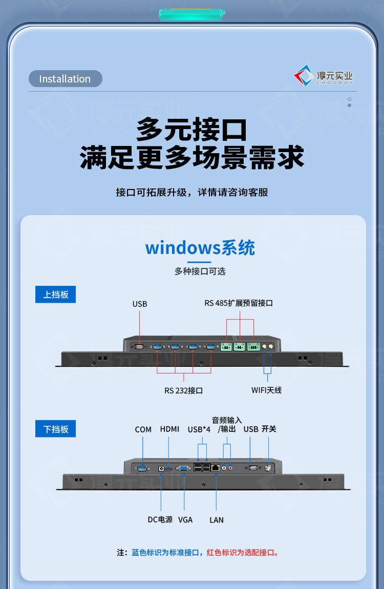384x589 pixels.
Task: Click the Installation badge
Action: [x=65, y=79]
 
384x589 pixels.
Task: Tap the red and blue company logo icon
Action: [x=303, y=76]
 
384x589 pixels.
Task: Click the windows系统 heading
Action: [x=200, y=248]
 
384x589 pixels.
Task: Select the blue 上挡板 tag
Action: [x=55, y=294]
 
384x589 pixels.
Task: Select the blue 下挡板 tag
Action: [x=55, y=429]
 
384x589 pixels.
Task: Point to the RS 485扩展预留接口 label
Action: [x=239, y=303]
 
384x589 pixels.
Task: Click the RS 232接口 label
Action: [x=183, y=390]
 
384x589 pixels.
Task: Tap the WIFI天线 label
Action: [x=266, y=390]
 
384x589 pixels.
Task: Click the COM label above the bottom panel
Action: [x=143, y=429]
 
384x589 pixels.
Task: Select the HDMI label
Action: [x=169, y=429]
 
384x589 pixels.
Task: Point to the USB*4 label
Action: [x=199, y=429]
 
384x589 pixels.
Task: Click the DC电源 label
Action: [x=160, y=519]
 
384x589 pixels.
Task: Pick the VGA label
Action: [x=185, y=519]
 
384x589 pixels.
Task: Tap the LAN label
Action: [x=217, y=519]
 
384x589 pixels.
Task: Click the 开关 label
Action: [x=269, y=429]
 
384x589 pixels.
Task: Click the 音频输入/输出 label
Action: [x=226, y=425]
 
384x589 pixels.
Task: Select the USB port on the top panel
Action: [x=139, y=346]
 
